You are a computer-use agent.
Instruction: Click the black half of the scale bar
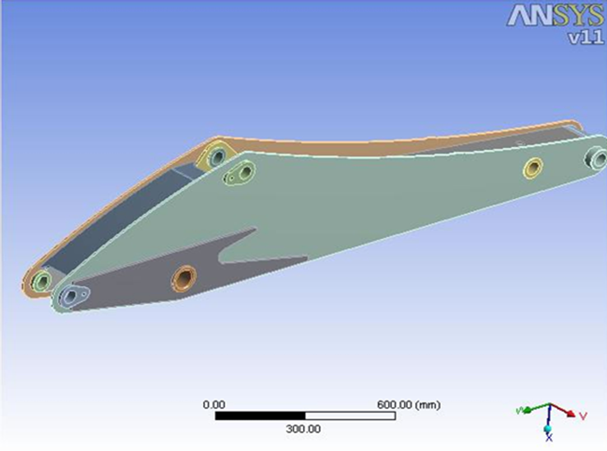coord(260,416)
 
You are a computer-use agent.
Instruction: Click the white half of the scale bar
coord(350,416)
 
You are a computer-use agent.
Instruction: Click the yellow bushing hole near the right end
coord(532,168)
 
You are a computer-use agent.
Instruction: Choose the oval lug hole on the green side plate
coord(246,172)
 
